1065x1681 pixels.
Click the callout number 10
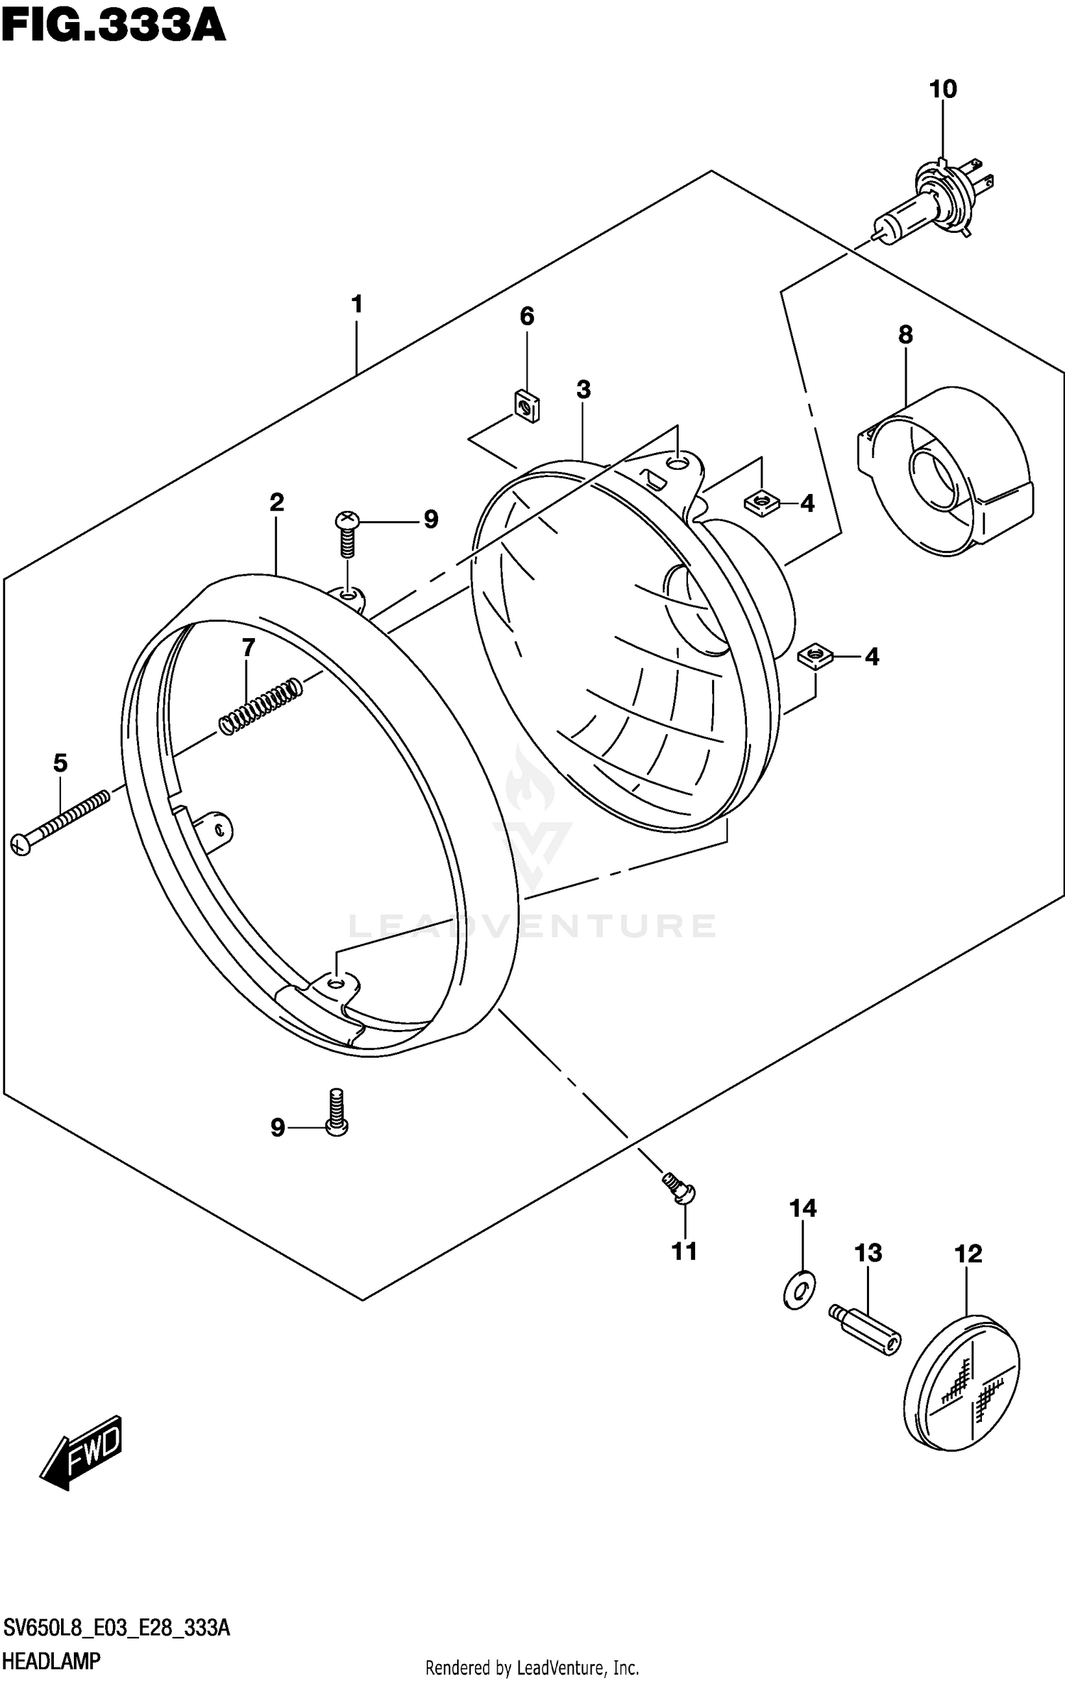point(943,89)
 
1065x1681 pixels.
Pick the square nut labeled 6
point(526,407)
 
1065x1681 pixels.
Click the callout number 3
point(583,389)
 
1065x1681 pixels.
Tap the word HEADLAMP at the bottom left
point(52,1661)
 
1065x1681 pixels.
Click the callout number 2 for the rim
point(276,502)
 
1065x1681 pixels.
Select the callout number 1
point(356,305)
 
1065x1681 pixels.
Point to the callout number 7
point(248,647)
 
